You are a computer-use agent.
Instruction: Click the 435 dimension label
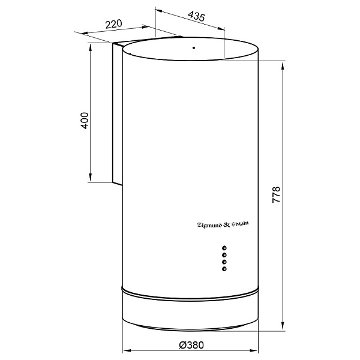[x=196, y=16]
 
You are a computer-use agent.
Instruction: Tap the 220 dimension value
[x=114, y=24]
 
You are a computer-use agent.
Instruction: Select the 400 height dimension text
[x=85, y=121]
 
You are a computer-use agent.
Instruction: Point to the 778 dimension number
[x=276, y=194]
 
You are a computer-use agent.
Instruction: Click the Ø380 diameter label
[x=191, y=345]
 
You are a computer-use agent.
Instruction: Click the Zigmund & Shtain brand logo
[x=223, y=224]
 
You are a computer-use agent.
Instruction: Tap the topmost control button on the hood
[x=224, y=248]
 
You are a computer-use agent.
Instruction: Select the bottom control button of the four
[x=224, y=269]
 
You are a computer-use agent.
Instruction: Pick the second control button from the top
[x=224, y=255]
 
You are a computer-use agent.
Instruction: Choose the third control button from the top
[x=224, y=262]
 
